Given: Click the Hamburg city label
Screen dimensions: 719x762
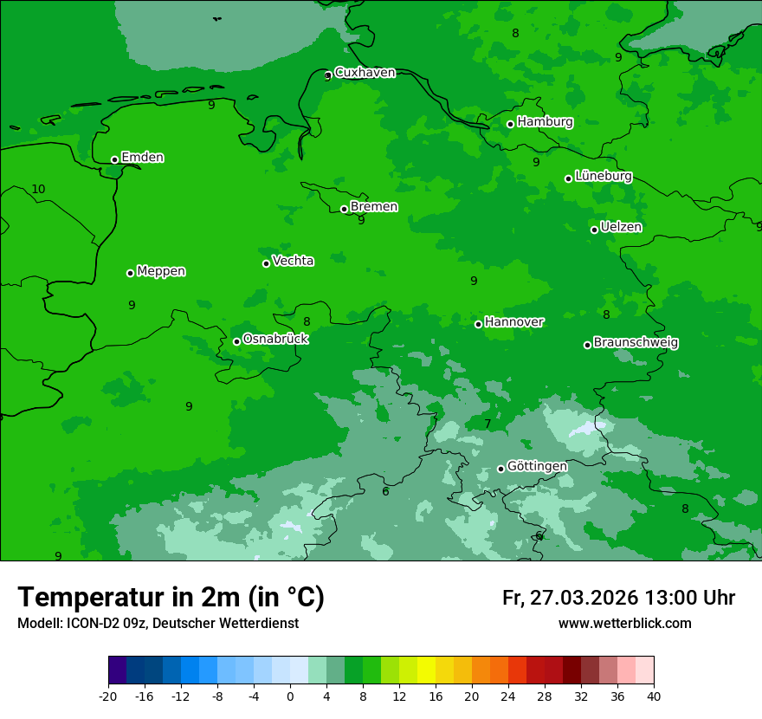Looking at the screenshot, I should (x=545, y=122).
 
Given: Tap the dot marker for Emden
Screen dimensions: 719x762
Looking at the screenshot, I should (x=114, y=159).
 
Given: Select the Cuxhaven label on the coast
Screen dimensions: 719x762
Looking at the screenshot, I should (x=365, y=73).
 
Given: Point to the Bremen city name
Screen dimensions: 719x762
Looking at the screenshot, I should (x=374, y=207).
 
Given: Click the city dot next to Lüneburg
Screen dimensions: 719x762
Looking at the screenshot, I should (x=568, y=178).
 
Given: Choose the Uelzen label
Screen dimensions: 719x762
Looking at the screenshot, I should (x=621, y=228).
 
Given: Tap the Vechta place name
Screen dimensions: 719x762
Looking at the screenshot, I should (x=293, y=261).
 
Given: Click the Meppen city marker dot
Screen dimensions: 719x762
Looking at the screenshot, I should (x=130, y=273).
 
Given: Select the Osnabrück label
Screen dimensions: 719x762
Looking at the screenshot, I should (x=275, y=339).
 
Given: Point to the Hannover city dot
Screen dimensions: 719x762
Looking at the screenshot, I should (x=478, y=324).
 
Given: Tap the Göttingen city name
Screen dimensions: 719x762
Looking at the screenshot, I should (x=537, y=467).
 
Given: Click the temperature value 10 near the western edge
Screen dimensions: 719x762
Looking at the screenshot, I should (x=38, y=190).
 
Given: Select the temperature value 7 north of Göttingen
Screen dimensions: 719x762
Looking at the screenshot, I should (x=488, y=424).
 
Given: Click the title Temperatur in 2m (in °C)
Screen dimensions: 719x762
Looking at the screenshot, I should (x=171, y=598).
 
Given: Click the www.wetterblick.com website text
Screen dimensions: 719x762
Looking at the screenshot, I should (x=624, y=624).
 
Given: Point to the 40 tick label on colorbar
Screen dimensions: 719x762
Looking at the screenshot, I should (x=653, y=696).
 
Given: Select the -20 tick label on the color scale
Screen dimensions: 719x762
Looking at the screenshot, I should (x=108, y=696).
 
